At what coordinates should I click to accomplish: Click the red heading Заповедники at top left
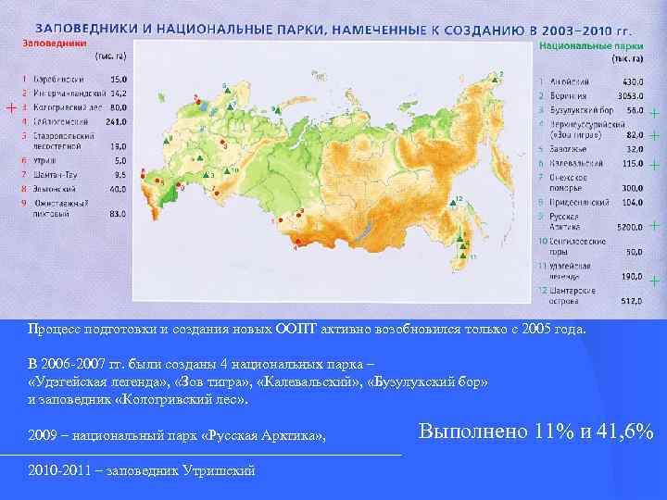(55, 43)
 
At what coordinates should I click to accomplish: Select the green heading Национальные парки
(590, 44)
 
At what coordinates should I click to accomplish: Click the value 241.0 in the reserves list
(116, 121)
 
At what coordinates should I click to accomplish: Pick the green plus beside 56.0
(654, 114)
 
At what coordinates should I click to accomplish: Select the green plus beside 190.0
(654, 279)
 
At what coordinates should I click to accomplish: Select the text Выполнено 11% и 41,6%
(535, 432)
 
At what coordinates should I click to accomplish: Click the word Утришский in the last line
(222, 470)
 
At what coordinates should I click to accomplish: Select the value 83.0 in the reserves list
(117, 213)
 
